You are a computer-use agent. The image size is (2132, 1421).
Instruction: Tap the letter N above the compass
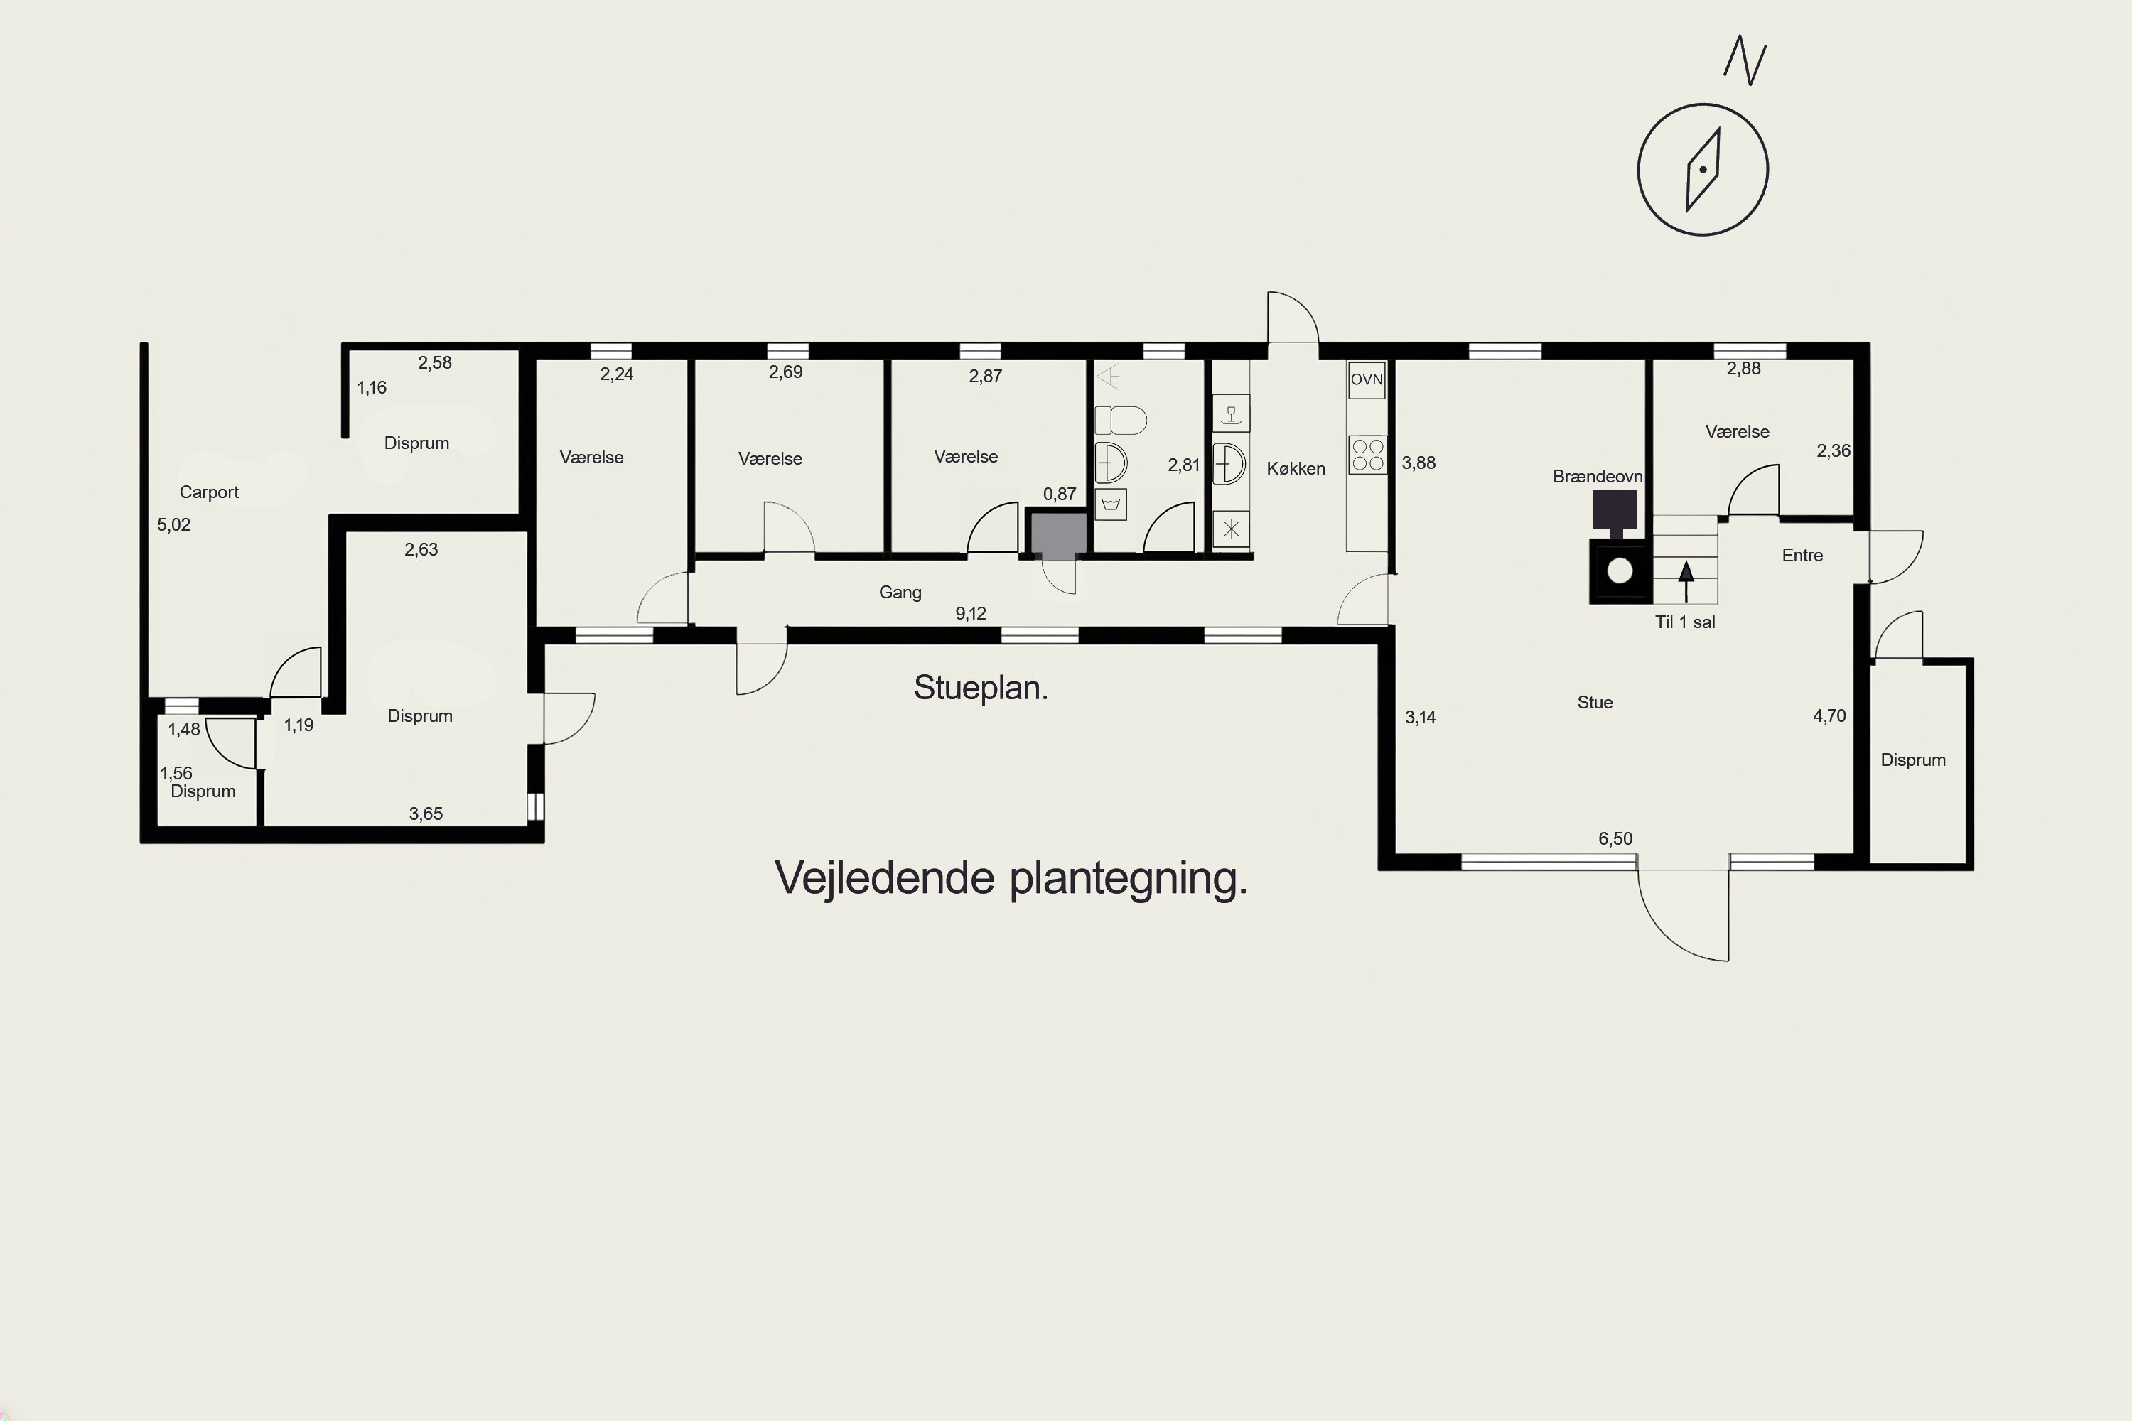pos(1745,60)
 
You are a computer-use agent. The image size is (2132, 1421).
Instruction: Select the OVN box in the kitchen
pos(1367,379)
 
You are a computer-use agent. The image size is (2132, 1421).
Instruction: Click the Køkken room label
pos(1296,468)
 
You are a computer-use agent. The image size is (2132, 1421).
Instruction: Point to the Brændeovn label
pos(1597,477)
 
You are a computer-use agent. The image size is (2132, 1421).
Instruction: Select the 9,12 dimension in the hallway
pos(971,614)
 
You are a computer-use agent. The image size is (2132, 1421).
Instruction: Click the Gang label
pos(900,593)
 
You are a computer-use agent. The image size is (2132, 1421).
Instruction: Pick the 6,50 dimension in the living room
pos(1615,839)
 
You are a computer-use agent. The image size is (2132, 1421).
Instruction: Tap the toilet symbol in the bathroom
pos(1121,421)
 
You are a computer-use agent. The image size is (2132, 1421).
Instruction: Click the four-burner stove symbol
pos(1368,455)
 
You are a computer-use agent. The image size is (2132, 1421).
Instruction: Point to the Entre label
pos(1802,556)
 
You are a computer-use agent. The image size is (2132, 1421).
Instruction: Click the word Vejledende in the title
pos(884,877)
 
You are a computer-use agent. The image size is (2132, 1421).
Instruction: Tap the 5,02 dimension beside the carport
pos(174,525)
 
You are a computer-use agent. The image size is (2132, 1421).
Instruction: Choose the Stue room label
pos(1595,703)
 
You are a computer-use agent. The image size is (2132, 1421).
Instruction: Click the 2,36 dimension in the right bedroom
pos(1834,451)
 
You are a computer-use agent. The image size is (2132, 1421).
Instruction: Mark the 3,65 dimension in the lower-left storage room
pos(426,814)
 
